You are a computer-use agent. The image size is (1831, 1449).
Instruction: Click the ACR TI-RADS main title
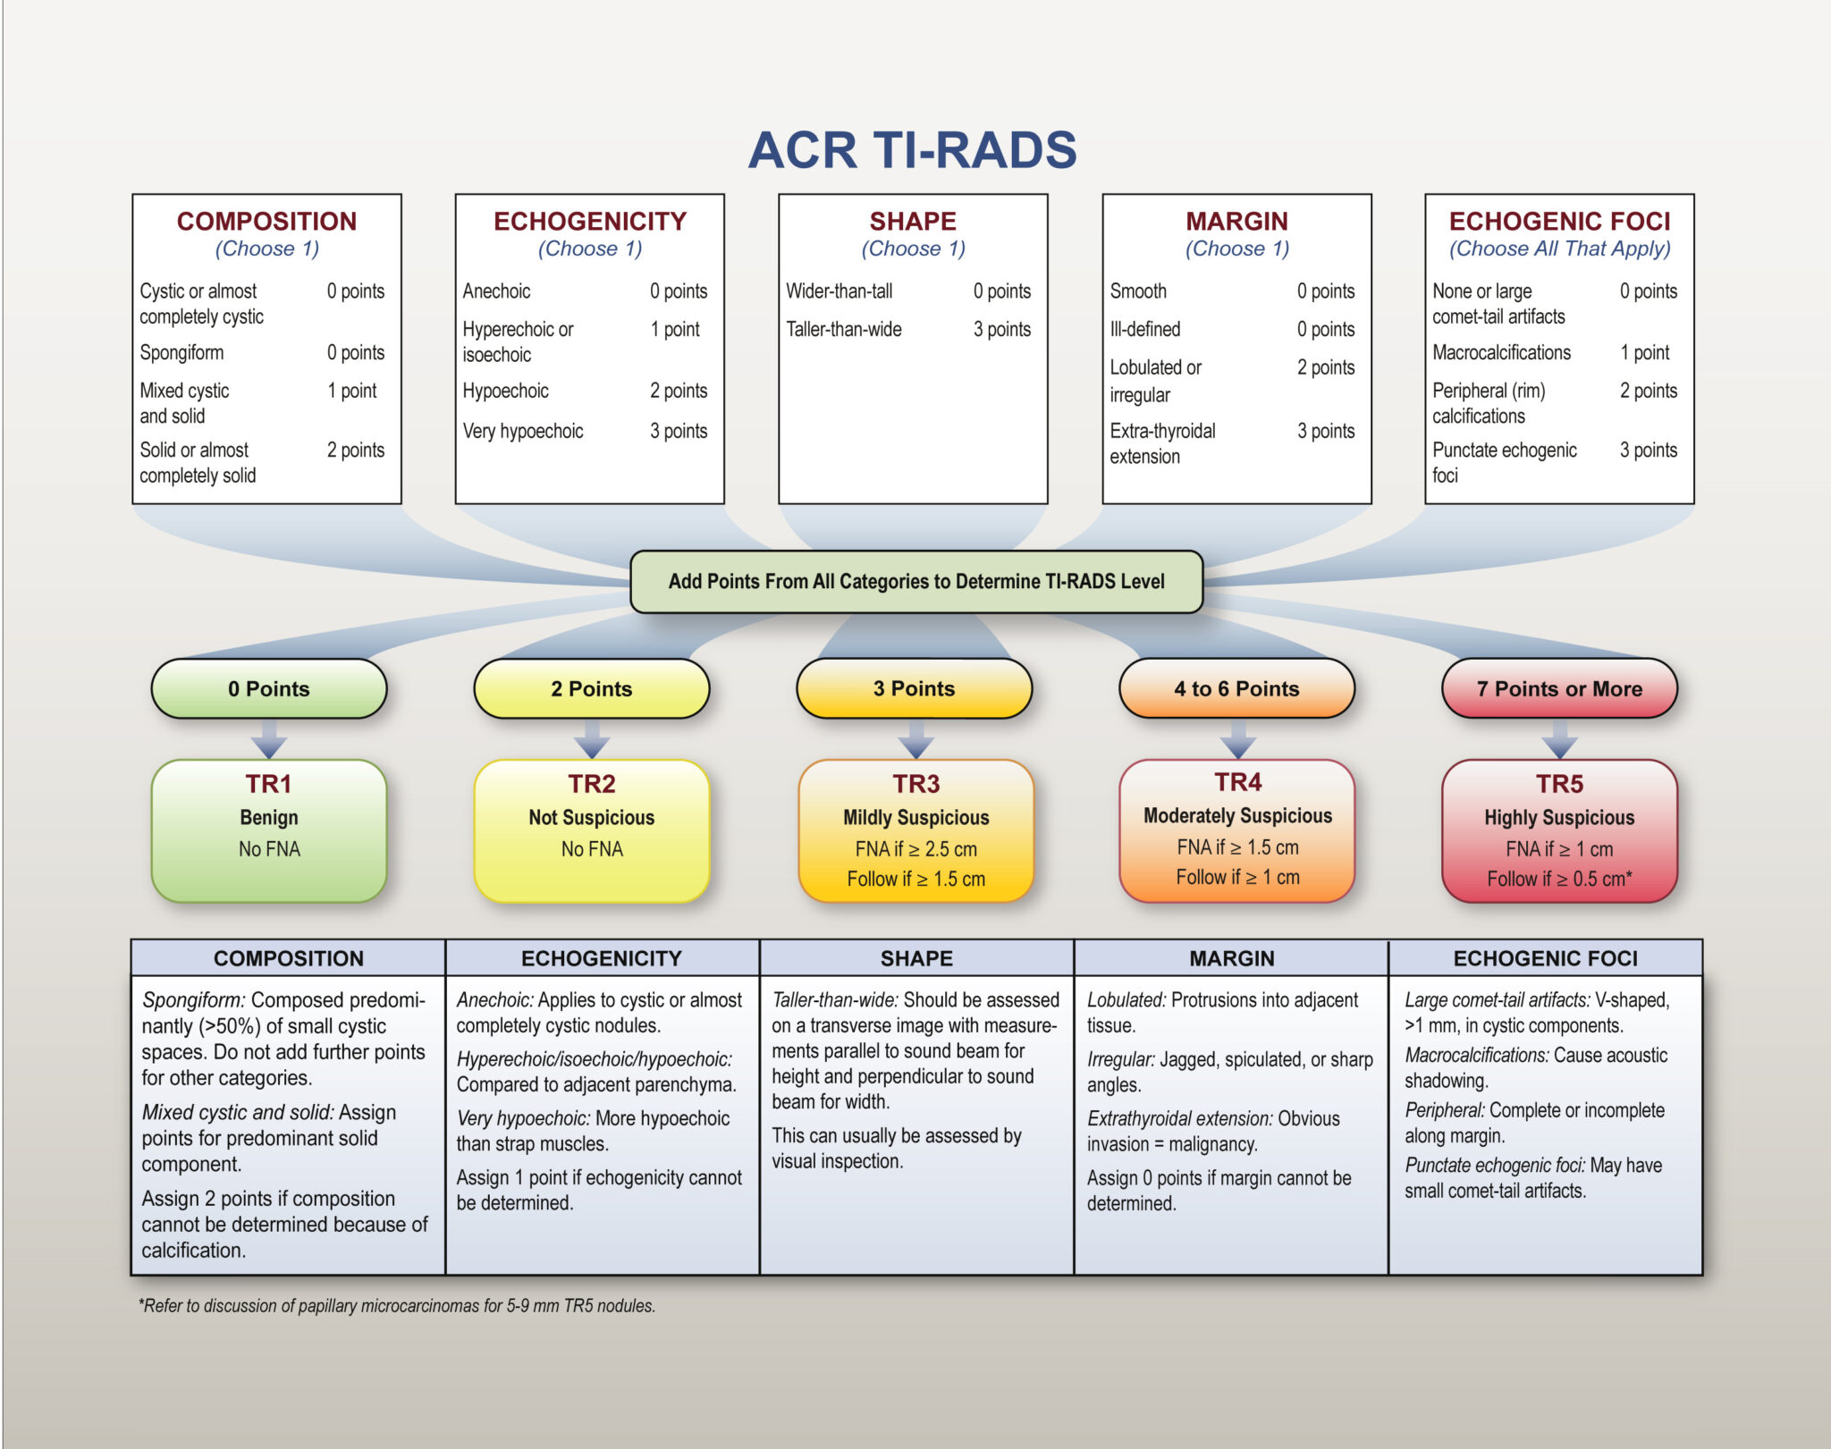coord(912,150)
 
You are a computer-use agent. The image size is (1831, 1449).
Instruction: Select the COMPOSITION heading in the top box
coord(266,221)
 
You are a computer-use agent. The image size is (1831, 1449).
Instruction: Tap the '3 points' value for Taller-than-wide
coord(1001,329)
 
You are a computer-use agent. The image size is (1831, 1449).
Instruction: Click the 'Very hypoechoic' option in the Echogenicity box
coord(522,431)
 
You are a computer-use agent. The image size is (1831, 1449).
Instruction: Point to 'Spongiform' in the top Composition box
coord(181,352)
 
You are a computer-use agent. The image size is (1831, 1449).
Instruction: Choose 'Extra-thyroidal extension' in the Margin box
coord(1161,443)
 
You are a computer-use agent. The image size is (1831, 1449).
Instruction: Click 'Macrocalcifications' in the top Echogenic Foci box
coord(1500,352)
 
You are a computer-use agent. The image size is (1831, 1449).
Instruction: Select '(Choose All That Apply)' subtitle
coord(1559,249)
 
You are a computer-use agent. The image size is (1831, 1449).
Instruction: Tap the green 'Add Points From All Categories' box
coord(915,581)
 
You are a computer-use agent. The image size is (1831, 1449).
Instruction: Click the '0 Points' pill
coord(268,688)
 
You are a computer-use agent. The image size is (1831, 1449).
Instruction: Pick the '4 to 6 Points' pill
coord(1236,688)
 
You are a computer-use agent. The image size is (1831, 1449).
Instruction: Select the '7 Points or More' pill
coord(1559,688)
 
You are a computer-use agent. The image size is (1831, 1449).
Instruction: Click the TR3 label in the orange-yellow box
coord(915,784)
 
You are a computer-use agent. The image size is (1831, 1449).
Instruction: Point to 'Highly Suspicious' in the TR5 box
coord(1559,817)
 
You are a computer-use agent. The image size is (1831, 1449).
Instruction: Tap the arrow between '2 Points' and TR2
coord(591,740)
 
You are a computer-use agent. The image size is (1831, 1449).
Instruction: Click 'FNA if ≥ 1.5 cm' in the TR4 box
coord(1237,847)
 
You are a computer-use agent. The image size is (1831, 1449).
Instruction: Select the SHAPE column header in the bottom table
coord(915,958)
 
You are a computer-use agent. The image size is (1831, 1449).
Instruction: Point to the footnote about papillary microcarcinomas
coord(397,1305)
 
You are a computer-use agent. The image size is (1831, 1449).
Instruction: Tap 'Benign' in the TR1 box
coord(268,817)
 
